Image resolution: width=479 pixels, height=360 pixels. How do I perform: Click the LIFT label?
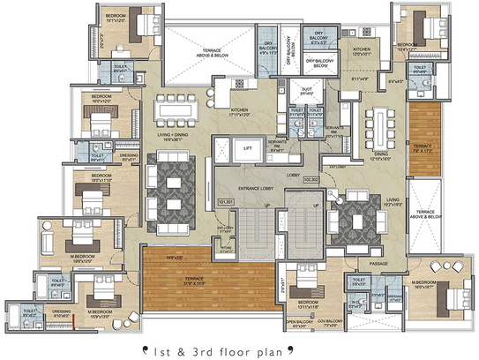(248, 149)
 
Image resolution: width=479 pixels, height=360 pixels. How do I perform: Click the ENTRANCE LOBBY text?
(253, 189)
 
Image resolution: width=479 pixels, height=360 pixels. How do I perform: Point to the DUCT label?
(308, 90)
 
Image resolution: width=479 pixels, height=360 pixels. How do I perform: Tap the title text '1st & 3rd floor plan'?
(239, 347)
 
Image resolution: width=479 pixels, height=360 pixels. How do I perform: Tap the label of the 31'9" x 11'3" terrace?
(182, 285)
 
